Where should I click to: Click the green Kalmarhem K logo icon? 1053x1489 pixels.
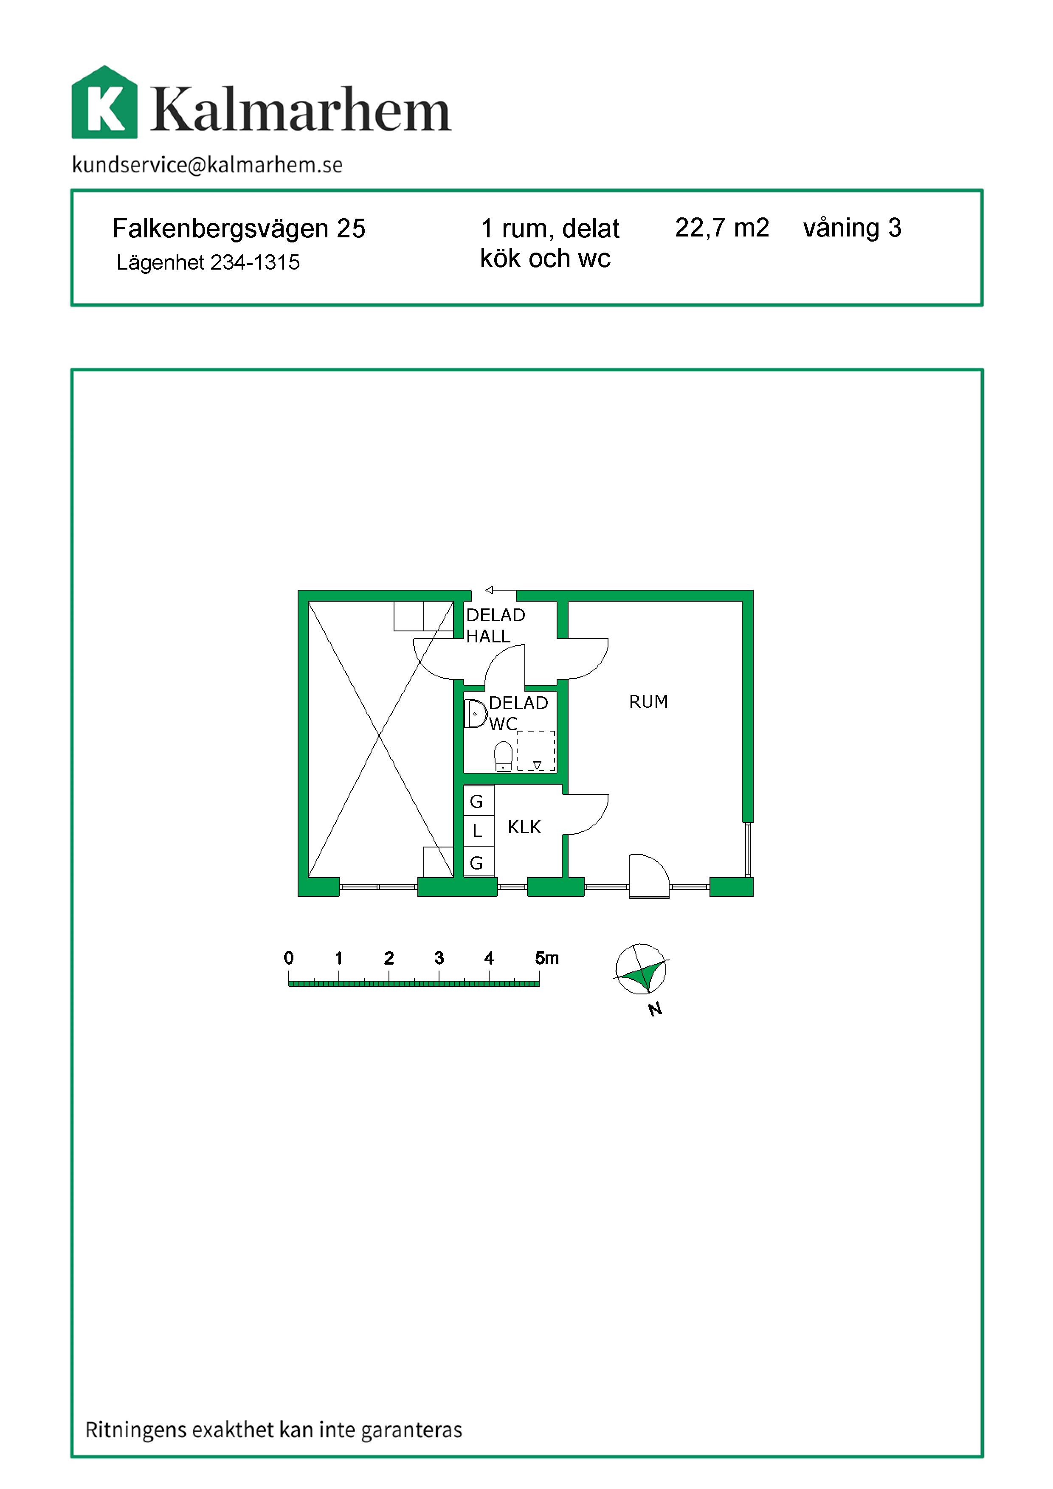pos(104,102)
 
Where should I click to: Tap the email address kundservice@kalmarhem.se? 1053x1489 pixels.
pos(208,165)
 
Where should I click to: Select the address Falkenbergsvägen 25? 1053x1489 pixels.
pos(239,229)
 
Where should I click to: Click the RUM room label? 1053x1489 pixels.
pos(648,702)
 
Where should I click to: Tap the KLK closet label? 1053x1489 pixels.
pos(524,827)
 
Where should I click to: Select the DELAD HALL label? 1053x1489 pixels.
pos(496,625)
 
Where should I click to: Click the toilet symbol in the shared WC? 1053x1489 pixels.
pos(503,756)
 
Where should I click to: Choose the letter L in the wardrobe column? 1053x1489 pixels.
pos(477,831)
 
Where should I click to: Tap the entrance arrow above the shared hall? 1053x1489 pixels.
pos(501,590)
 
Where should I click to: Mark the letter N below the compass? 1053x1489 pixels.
pos(656,1009)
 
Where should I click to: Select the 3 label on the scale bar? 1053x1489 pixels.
pos(439,958)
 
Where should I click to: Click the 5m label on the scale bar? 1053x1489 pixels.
pos(546,958)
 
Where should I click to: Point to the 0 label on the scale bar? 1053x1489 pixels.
pos(289,958)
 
